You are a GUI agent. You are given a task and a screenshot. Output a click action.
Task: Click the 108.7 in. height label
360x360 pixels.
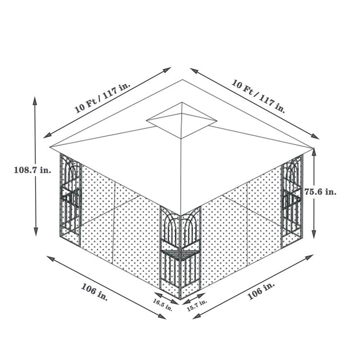tap(33, 170)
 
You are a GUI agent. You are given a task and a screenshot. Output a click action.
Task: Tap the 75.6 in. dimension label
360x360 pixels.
tap(320, 191)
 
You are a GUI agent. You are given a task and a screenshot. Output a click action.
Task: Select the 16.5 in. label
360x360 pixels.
tap(163, 305)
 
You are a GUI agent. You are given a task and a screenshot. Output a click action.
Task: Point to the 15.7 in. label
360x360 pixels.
tap(197, 305)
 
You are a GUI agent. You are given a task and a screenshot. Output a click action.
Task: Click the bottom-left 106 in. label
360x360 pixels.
tap(94, 292)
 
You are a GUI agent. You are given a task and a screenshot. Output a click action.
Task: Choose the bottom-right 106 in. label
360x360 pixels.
tap(261, 292)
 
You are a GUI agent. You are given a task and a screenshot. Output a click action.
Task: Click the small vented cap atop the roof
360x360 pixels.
tap(182, 120)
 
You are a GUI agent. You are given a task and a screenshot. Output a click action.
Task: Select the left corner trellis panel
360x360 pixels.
tap(70, 198)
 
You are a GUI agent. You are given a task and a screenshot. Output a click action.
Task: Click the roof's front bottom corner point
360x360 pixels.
tap(180, 215)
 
